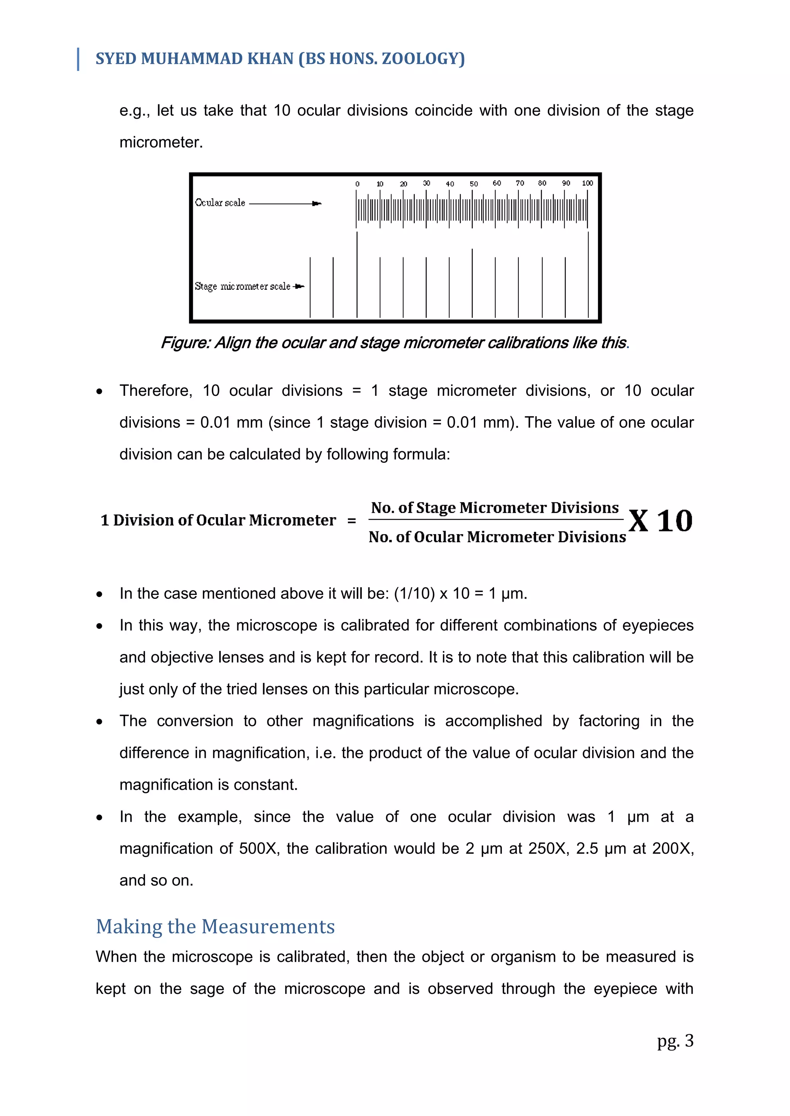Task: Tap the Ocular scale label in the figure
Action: pos(220,203)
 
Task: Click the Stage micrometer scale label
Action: pos(242,286)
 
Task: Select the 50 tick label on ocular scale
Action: pos(473,184)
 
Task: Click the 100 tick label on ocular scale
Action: pos(587,183)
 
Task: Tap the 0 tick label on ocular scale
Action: pos(357,184)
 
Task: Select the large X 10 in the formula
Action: pos(660,521)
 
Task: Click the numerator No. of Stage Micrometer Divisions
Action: pos(495,508)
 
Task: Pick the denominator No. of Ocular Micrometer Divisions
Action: pos(497,537)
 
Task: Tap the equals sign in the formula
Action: pos(351,521)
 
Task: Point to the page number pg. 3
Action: pos(675,1040)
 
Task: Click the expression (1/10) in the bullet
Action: pos(414,593)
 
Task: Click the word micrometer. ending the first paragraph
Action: pos(161,143)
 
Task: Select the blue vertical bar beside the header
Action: pos(78,59)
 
